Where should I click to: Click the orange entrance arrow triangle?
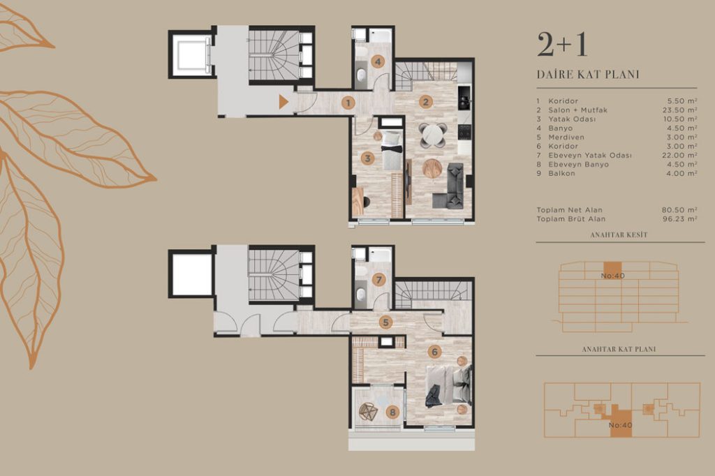click(x=283, y=102)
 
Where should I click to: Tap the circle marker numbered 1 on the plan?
click(x=348, y=103)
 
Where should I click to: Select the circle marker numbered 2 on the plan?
click(x=426, y=102)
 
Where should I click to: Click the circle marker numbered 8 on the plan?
click(x=392, y=413)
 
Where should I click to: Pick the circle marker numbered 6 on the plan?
click(x=434, y=352)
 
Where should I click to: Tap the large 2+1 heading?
click(x=562, y=45)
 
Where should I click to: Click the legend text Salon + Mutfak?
click(x=577, y=110)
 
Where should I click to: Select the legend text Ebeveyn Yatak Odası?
click(x=590, y=156)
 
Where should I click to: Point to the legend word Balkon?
click(x=562, y=173)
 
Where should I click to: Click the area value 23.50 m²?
click(x=679, y=110)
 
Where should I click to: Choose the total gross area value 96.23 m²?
click(x=679, y=219)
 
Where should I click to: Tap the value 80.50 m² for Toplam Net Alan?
click(x=679, y=210)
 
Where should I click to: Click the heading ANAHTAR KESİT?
click(x=619, y=235)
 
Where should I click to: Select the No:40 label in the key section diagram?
click(x=612, y=276)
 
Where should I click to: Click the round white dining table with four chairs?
click(x=432, y=135)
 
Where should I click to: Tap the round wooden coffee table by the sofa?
click(x=432, y=168)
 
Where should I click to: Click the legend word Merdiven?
click(x=566, y=137)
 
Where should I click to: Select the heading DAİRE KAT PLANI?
click(x=588, y=74)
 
